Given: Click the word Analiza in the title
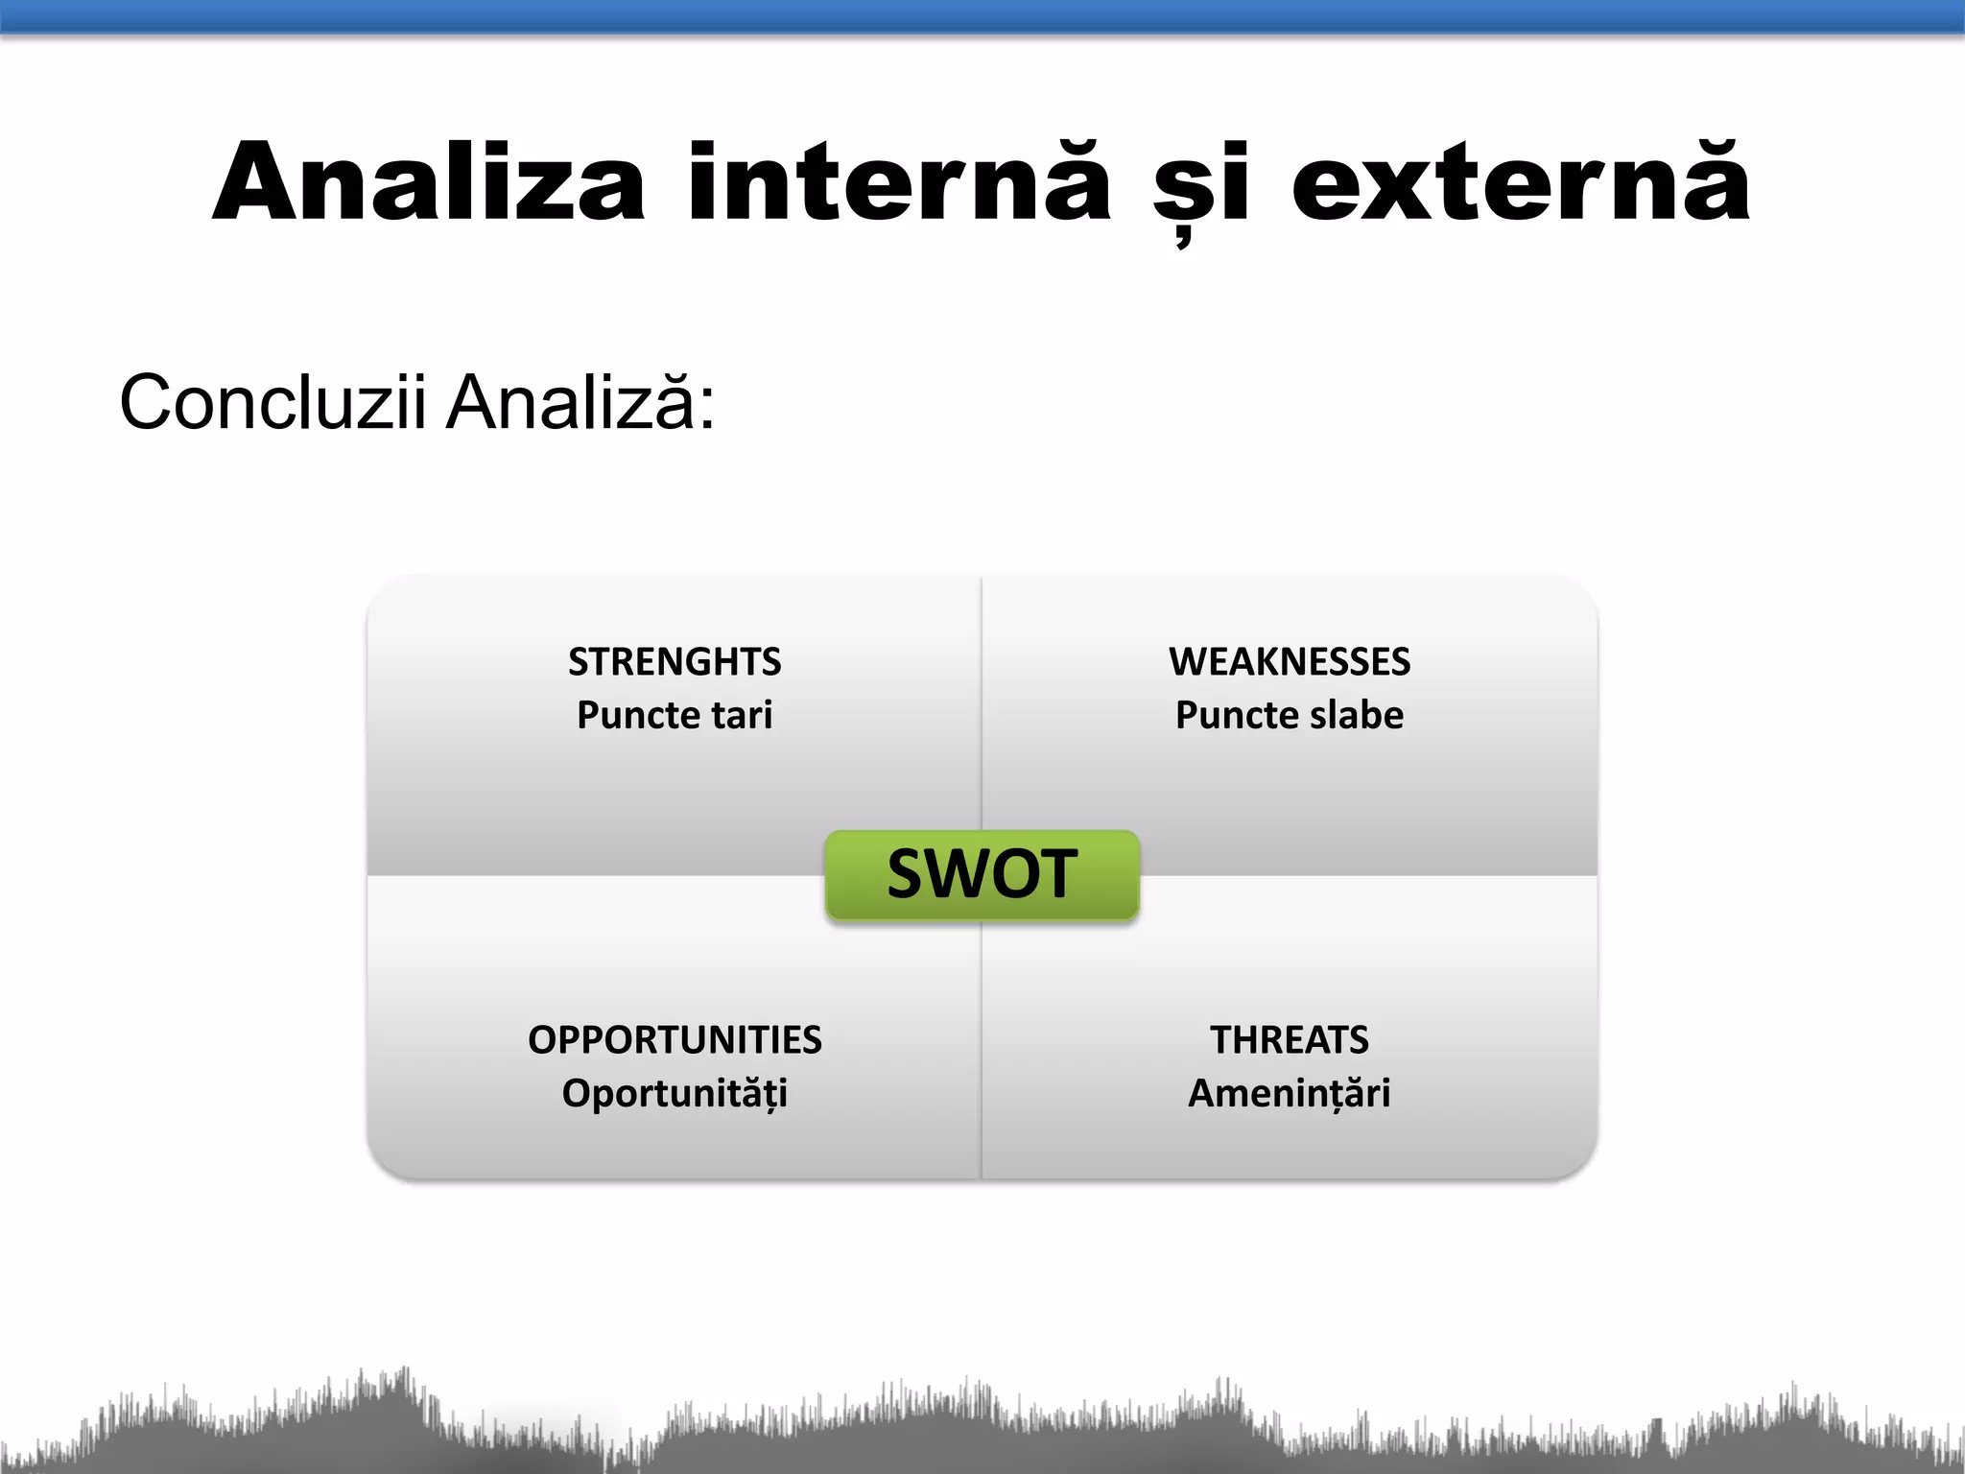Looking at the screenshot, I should [x=429, y=182].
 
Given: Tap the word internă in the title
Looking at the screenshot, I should [x=899, y=182].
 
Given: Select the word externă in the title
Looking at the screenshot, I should [x=1521, y=182].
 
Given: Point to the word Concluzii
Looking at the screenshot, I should [x=272, y=402].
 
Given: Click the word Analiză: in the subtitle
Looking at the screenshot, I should [x=581, y=400].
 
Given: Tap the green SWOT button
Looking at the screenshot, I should [x=982, y=874].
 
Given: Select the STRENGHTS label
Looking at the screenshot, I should [x=675, y=662].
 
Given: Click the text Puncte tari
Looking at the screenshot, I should [x=675, y=715].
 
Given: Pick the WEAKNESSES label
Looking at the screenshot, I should [x=1290, y=662].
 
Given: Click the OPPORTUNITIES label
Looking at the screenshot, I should [x=675, y=1040].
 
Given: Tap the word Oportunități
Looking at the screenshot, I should [x=675, y=1094].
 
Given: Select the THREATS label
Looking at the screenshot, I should [x=1290, y=1040].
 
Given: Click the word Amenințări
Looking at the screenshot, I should [x=1290, y=1094].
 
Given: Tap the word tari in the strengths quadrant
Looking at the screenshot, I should [x=742, y=715].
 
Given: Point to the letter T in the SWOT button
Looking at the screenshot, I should [x=1056, y=874].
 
